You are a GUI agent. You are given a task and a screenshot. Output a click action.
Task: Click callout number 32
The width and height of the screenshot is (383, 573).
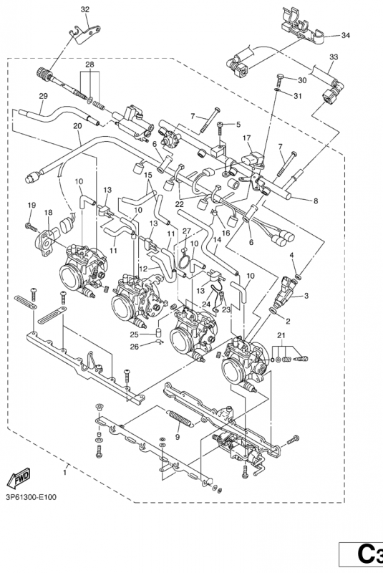click(85, 9)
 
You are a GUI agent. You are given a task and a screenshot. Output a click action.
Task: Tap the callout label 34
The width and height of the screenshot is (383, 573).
click(346, 35)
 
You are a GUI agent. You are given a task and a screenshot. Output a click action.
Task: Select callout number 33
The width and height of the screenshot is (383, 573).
click(333, 57)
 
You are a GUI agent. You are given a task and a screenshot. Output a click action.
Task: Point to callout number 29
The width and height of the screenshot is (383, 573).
click(43, 96)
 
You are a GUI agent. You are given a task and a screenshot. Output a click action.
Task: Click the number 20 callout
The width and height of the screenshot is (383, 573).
click(77, 126)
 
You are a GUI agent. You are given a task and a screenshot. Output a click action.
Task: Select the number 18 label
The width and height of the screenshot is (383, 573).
click(49, 213)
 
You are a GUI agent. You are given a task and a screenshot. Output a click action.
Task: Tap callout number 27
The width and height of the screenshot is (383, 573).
click(186, 231)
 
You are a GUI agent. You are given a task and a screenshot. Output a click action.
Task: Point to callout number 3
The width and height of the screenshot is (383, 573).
click(306, 296)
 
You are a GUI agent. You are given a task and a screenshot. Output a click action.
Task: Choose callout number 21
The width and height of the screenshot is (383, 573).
click(281, 336)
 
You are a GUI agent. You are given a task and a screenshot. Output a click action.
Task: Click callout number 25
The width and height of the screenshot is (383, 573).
click(134, 334)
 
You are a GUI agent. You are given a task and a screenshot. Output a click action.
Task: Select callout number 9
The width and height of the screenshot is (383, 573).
click(177, 437)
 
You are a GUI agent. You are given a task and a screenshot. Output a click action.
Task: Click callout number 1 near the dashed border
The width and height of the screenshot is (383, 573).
click(67, 473)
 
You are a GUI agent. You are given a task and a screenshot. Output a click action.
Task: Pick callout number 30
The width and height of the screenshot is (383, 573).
click(302, 80)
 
